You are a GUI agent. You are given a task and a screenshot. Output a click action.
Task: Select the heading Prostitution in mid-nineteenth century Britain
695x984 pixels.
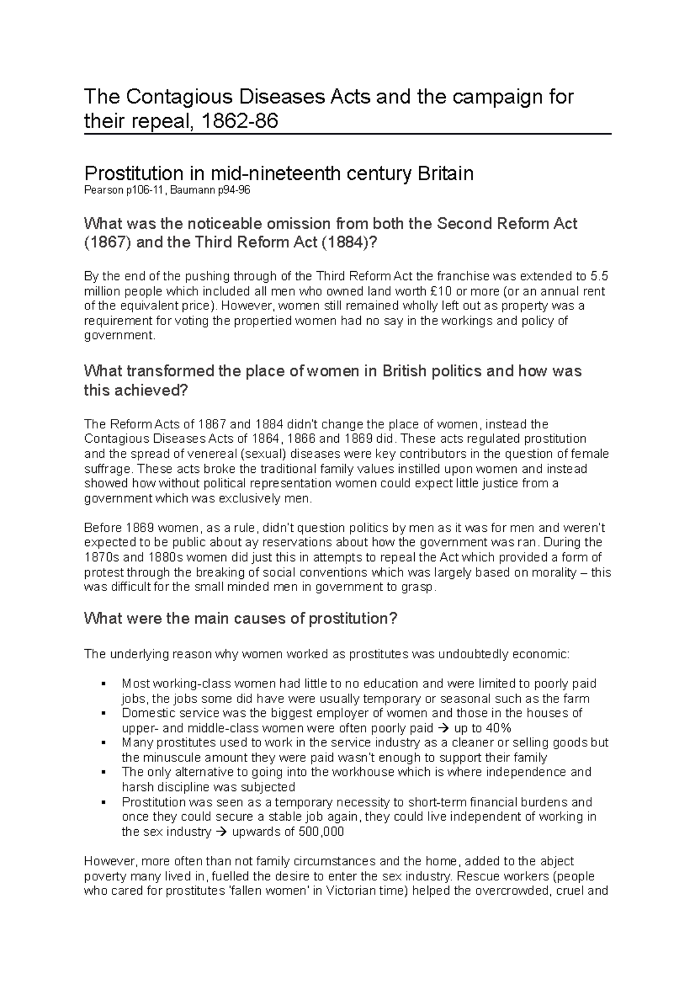click(x=279, y=173)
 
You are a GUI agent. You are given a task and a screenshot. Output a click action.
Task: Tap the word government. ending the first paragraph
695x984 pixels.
click(x=120, y=336)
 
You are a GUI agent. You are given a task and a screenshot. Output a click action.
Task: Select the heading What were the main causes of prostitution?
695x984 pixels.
click(x=240, y=618)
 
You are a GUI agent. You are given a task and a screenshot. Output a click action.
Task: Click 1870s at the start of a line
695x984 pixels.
click(x=101, y=557)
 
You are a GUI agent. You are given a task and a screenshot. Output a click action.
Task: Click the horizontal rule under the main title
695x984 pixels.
click(x=348, y=134)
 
